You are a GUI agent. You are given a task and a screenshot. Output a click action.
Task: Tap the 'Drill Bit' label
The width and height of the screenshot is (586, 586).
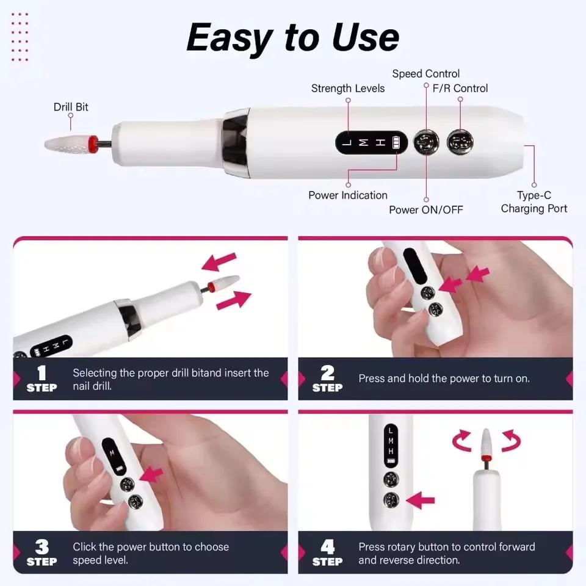tap(71, 107)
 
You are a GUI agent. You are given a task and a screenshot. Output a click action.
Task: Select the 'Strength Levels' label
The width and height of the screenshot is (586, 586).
tap(347, 89)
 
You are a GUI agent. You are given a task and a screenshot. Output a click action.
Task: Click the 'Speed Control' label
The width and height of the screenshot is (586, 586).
tap(425, 74)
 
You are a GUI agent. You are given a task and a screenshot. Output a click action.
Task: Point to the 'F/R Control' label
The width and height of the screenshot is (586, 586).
tap(460, 89)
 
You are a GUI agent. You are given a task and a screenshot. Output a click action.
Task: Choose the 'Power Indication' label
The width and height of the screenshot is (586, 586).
tap(347, 195)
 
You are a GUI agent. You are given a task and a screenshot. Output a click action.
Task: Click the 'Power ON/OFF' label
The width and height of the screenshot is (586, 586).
tap(425, 210)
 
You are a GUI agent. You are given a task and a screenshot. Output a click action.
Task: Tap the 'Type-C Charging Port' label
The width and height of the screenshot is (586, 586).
tap(534, 202)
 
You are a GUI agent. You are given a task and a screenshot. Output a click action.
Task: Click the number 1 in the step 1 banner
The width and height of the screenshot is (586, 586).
tap(42, 373)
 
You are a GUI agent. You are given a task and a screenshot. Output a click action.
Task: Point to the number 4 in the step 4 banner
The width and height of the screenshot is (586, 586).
tap(327, 546)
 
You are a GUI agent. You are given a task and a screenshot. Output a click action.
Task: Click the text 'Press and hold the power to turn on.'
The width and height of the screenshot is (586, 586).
tap(444, 378)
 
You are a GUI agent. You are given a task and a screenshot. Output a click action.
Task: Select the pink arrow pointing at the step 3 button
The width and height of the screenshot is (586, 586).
tap(152, 476)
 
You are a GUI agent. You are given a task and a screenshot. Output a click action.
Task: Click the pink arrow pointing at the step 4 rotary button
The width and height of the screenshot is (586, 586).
tap(420, 501)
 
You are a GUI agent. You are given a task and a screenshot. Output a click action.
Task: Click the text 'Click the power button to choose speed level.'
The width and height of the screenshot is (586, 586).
tap(150, 553)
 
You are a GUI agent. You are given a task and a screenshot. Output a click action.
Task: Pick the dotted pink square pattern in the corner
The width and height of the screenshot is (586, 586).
tap(20, 36)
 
